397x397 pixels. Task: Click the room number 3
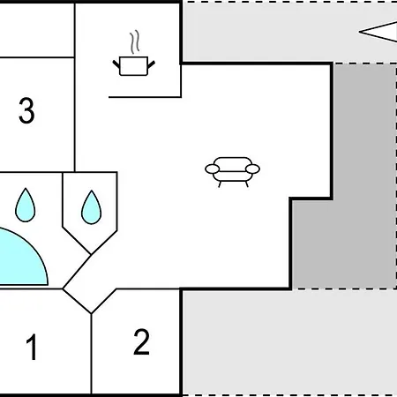pyautogui.click(x=26, y=110)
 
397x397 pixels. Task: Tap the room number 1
pyautogui.click(x=32, y=347)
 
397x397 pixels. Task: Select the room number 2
pyautogui.click(x=141, y=341)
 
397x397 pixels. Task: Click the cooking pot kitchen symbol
pyautogui.click(x=134, y=66)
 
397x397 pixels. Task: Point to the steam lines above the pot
pyautogui.click(x=135, y=41)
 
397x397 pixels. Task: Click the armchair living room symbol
pyautogui.click(x=232, y=172)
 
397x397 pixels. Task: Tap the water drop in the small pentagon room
pyautogui.click(x=91, y=207)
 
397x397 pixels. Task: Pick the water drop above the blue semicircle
pyautogui.click(x=26, y=205)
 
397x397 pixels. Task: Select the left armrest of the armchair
pyautogui.click(x=213, y=169)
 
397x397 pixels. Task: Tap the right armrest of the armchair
pyautogui.click(x=252, y=169)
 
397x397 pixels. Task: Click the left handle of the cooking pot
pyautogui.click(x=116, y=64)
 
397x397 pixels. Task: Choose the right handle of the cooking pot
pyautogui.click(x=151, y=64)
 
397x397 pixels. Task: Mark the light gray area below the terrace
pyautogui.click(x=289, y=342)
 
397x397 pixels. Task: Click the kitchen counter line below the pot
pyautogui.click(x=145, y=97)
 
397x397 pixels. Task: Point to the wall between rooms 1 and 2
pyautogui.click(x=92, y=354)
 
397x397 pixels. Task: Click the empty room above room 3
pyautogui.click(x=37, y=30)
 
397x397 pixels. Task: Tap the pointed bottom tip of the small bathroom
pyautogui.click(x=91, y=254)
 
